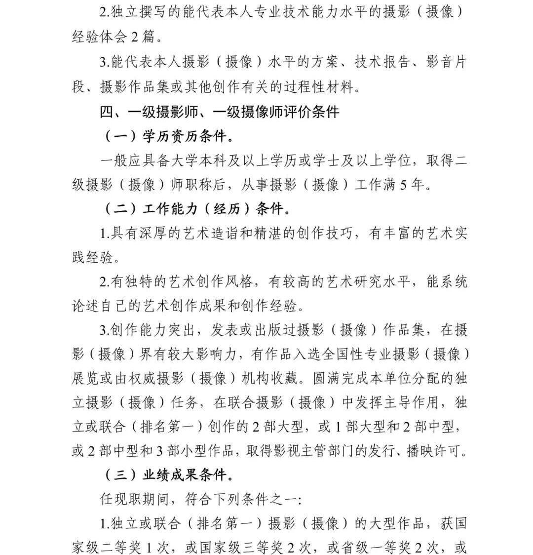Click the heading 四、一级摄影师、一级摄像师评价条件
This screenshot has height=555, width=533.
click(x=220, y=112)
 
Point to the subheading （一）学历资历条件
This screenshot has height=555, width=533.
click(x=170, y=136)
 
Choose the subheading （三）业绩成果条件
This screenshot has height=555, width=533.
click(x=170, y=475)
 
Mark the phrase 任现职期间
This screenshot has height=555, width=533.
click(x=127, y=499)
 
